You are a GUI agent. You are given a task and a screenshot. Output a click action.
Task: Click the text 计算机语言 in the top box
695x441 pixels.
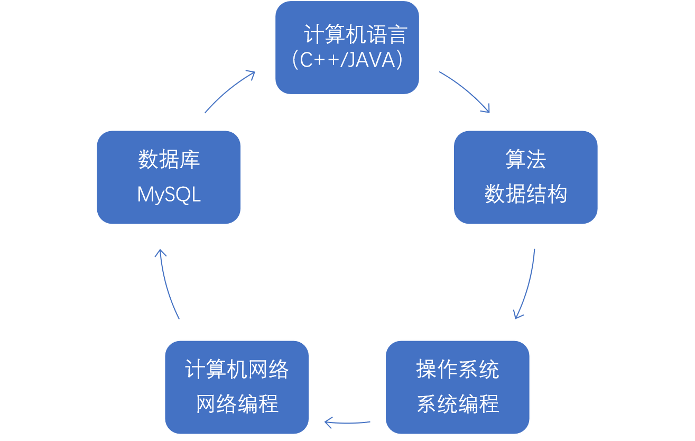[x=355, y=35]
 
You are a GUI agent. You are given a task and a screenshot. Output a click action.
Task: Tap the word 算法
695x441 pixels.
[x=525, y=160]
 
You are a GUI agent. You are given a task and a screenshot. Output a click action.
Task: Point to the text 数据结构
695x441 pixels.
[x=525, y=194]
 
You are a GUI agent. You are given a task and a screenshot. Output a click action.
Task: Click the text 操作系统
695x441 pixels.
[x=457, y=369]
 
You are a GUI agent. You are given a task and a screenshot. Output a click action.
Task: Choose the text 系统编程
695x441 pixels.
[x=457, y=404]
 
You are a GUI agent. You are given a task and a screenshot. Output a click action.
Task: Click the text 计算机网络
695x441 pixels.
[x=237, y=369]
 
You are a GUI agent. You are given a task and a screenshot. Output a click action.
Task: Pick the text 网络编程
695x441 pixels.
[x=237, y=404]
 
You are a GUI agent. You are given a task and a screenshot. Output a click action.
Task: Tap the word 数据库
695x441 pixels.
[x=169, y=160]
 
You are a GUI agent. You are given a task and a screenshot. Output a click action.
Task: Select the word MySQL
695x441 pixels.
[x=169, y=195]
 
